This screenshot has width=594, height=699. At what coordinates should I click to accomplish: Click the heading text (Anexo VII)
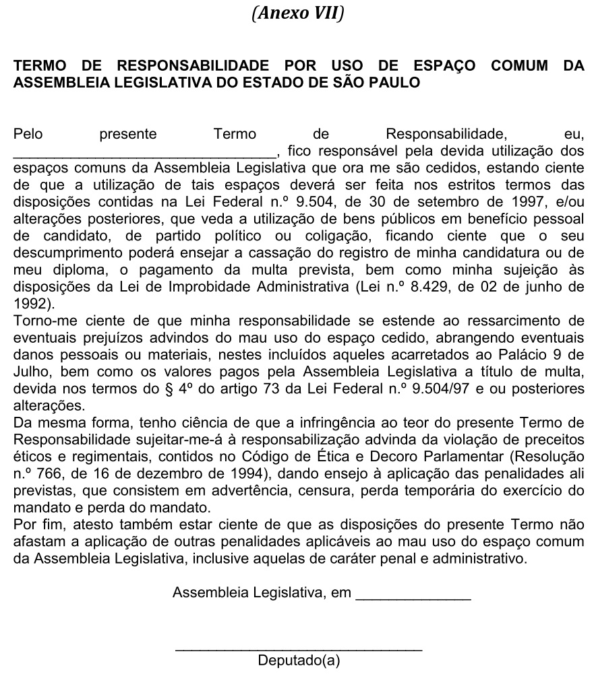297,13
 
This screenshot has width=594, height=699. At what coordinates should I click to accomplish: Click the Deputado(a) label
299,661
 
